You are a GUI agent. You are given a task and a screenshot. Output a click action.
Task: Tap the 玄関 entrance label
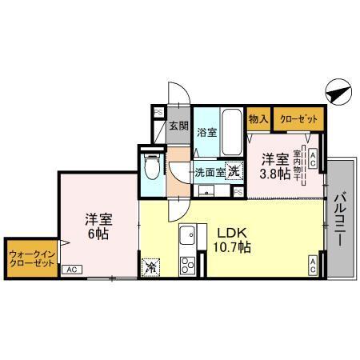point(178,126)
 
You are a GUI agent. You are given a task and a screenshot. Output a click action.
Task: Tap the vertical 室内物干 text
point(296,166)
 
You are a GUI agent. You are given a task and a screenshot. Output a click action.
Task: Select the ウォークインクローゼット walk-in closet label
point(30,258)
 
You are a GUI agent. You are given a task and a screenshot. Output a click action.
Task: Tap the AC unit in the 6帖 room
point(72,270)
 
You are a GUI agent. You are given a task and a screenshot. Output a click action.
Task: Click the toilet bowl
point(154,168)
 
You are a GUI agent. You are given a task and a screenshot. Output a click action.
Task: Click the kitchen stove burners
point(189,266)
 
